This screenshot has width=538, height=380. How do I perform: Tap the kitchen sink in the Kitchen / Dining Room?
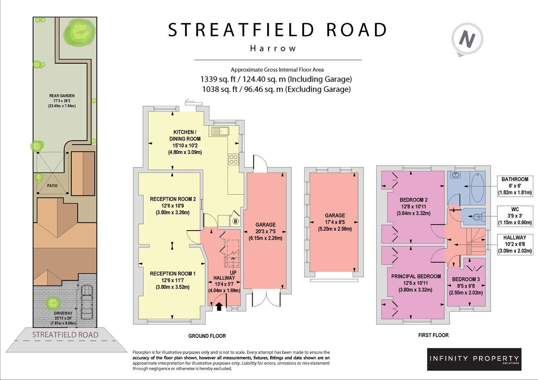[220, 131]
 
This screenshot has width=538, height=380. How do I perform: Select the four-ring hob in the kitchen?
[234, 159]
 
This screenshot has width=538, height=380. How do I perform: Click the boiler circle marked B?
[236, 221]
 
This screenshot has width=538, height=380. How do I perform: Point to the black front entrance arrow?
[219, 306]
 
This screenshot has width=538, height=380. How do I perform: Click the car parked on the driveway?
[86, 302]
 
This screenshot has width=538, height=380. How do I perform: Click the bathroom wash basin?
[455, 174]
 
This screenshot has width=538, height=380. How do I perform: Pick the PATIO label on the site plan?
[52, 186]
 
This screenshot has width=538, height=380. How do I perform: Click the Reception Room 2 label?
[173, 199]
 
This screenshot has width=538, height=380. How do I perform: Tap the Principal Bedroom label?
[416, 276]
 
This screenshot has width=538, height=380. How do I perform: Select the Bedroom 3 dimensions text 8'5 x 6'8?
[466, 286]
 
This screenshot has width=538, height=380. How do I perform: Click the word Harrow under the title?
[273, 49]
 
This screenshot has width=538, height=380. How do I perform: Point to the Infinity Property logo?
[474, 359]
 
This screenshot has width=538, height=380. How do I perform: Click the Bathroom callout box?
[515, 186]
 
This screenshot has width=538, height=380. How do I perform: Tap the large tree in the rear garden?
[79, 32]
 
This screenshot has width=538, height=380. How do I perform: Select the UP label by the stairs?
[233, 273]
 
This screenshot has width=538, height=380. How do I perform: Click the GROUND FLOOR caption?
[207, 336]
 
